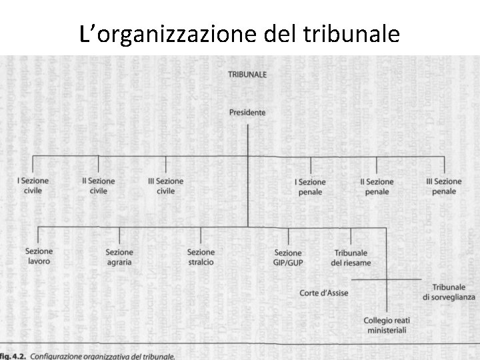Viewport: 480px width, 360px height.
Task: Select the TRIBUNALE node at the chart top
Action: (x=247, y=75)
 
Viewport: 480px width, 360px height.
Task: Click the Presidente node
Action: (x=247, y=113)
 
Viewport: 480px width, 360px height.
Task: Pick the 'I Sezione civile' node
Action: (x=33, y=186)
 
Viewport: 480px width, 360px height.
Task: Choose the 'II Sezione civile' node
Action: (x=99, y=186)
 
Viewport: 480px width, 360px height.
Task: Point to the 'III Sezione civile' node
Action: (x=166, y=186)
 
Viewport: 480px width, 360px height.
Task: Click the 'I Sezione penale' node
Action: (x=310, y=187)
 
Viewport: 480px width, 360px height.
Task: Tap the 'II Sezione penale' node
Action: (x=377, y=186)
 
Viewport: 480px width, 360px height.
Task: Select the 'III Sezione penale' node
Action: (x=444, y=186)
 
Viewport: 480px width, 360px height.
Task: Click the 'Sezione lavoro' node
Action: (x=39, y=257)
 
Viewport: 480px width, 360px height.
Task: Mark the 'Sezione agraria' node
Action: (x=119, y=257)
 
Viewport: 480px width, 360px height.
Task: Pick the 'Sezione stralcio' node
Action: (x=201, y=257)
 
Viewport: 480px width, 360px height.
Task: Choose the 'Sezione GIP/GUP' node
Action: (x=288, y=257)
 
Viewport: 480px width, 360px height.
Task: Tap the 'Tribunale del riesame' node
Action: (x=351, y=257)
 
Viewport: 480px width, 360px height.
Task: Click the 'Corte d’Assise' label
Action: (x=324, y=293)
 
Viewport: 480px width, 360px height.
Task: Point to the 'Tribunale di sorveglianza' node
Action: (x=449, y=291)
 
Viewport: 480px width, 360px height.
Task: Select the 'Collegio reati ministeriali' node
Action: (x=387, y=325)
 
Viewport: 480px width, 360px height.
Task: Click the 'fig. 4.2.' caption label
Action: (x=13, y=356)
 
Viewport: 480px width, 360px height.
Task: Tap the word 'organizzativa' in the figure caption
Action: (x=107, y=356)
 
